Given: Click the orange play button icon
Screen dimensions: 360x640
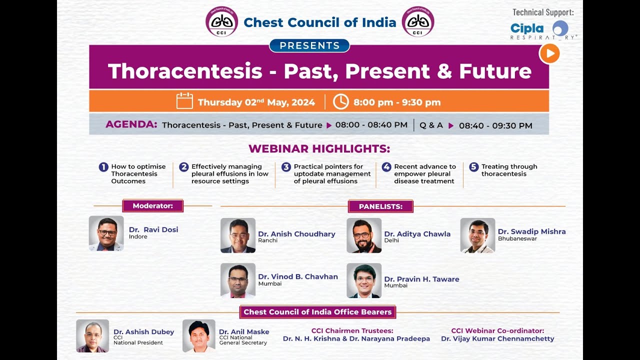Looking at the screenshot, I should click(549, 53).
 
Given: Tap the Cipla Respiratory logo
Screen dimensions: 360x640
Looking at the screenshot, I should click(543, 30).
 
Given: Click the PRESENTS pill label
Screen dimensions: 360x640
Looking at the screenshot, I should click(309, 46).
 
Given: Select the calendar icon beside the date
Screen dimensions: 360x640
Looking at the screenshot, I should click(184, 101).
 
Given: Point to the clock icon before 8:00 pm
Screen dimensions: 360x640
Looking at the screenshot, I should click(340, 101).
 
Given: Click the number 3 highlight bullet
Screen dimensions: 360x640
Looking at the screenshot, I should click(286, 167).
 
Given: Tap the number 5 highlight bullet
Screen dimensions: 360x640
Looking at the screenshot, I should click(473, 167).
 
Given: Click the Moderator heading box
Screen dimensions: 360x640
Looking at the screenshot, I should click(152, 205).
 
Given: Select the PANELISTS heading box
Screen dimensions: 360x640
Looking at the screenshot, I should click(380, 206).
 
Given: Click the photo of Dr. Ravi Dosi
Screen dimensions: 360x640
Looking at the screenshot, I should click(106, 233).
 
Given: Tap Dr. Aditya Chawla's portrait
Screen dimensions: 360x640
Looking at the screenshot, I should click(364, 235).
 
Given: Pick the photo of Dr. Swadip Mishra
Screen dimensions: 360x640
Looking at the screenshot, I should click(477, 235).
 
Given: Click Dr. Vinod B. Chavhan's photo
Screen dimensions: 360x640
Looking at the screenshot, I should click(238, 280).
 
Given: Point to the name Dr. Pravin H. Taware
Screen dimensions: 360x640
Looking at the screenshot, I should click(421, 279).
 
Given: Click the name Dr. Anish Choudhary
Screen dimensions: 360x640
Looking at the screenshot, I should click(296, 233).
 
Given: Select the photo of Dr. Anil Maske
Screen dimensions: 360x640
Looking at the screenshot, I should click(199, 336).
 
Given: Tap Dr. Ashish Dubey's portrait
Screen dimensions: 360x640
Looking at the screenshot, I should click(92, 336).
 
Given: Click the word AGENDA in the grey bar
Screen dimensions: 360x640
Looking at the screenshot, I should click(131, 124).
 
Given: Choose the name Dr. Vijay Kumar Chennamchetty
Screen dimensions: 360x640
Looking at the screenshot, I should click(497, 338).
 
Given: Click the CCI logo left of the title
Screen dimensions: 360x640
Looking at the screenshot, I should click(222, 21).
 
